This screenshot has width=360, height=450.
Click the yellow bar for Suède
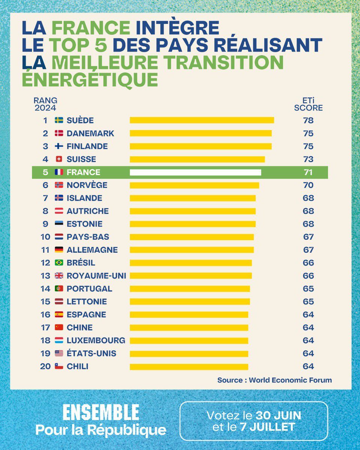tap(202, 120)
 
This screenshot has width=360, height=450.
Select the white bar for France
tap(195, 172)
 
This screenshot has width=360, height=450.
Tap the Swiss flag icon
tap(59, 159)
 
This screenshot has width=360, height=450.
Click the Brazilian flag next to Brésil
tap(59, 263)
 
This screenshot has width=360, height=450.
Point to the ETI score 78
tap(308, 120)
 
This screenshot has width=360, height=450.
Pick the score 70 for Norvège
tap(308, 185)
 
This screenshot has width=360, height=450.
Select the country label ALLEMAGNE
tap(92, 250)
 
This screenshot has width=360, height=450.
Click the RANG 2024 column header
tap(45, 104)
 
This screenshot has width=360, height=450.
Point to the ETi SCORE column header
tap(308, 104)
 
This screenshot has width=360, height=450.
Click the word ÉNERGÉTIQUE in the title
tap(90, 79)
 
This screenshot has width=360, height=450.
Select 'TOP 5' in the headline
tap(80, 45)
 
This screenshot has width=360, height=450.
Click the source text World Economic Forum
tap(291, 380)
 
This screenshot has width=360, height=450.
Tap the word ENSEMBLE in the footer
tap(101, 412)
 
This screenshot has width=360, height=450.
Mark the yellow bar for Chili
tap(189, 367)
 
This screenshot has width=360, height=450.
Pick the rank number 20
tap(45, 367)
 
